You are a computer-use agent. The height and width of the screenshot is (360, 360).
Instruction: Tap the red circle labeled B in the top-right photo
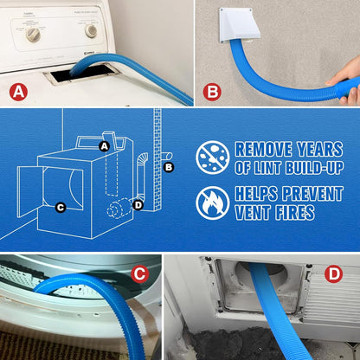pyautogui.click(x=213, y=90)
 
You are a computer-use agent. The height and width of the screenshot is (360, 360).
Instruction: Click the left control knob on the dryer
pyautogui.click(x=34, y=34)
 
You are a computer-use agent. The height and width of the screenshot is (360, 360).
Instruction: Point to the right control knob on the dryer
pyautogui.click(x=91, y=30)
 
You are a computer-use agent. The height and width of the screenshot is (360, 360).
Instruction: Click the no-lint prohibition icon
pyautogui.click(x=212, y=157)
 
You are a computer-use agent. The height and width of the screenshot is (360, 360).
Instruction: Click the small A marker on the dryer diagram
pyautogui.click(x=105, y=146)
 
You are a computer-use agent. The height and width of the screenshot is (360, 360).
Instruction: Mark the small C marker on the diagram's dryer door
pyautogui.click(x=60, y=206)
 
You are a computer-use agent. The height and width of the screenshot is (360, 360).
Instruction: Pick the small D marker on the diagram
pyautogui.click(x=138, y=204)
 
